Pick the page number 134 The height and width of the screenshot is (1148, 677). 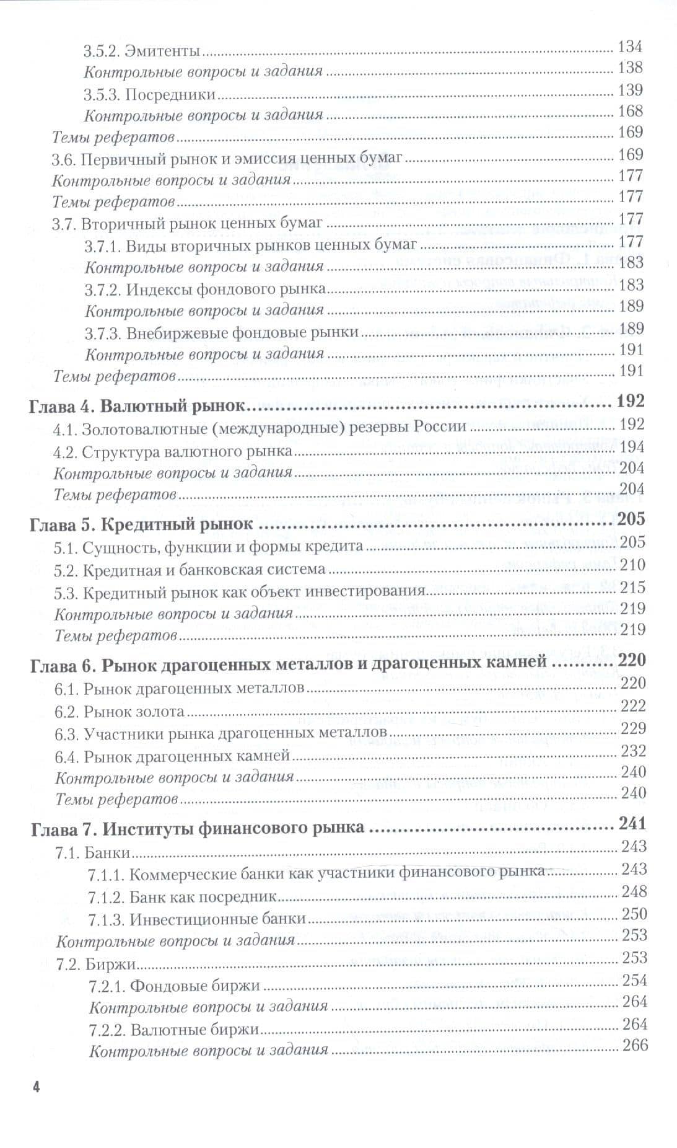pyautogui.click(x=631, y=46)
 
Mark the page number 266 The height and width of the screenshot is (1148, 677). pyautogui.click(x=634, y=1045)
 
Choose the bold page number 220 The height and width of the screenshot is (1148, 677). pyautogui.click(x=632, y=661)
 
